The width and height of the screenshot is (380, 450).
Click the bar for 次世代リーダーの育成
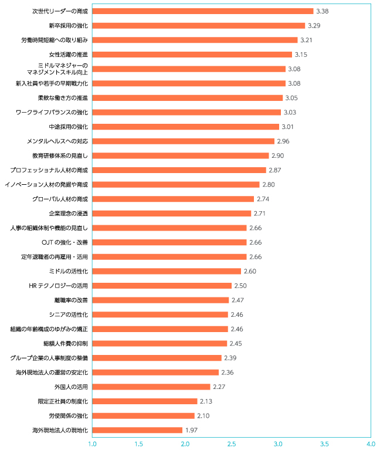[203, 11]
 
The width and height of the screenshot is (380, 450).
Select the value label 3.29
[314, 26]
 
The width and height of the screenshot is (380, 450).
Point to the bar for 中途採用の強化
[186, 127]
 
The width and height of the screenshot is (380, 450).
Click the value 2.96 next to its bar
[283, 141]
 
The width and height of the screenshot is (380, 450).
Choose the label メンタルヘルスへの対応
[57, 141]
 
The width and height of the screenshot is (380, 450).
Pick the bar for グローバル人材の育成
[173, 199]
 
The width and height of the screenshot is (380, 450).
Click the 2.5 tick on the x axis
[232, 443]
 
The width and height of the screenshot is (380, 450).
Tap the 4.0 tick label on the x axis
[371, 443]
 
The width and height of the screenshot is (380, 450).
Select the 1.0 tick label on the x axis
[93, 443]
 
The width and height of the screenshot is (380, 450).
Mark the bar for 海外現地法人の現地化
[138, 430]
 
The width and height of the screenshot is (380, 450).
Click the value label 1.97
[192, 430]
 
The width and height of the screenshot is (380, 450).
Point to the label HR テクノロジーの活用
[58, 286]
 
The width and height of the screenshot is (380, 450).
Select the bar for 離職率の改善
[161, 300]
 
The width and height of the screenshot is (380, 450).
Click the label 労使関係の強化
[68, 416]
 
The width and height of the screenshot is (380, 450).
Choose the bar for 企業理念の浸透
[172, 214]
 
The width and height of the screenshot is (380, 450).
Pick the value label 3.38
[322, 11]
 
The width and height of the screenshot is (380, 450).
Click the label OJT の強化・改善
[65, 242]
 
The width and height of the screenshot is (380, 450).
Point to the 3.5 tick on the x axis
[324, 443]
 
